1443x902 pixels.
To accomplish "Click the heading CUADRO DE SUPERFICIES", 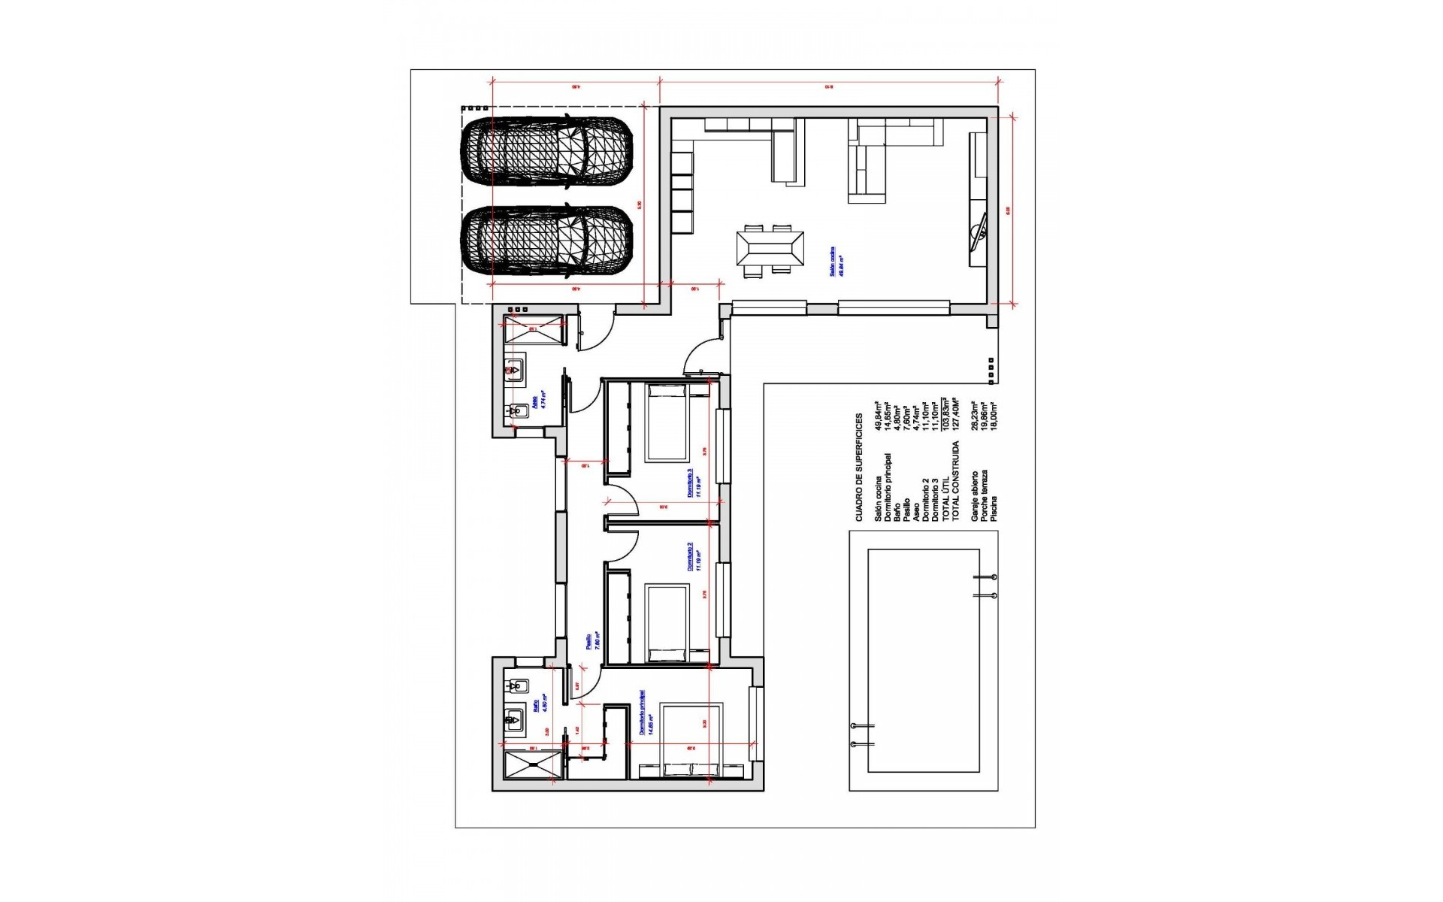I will tap(859, 467).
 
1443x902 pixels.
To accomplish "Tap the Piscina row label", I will tap(994, 508).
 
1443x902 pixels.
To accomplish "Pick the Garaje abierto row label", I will tap(975, 496).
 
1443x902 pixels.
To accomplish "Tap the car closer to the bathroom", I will tap(546, 241).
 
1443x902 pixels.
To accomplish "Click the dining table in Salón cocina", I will tap(770, 247).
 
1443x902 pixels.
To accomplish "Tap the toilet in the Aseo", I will tap(519, 410).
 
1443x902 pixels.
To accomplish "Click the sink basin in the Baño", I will tap(515, 719).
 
